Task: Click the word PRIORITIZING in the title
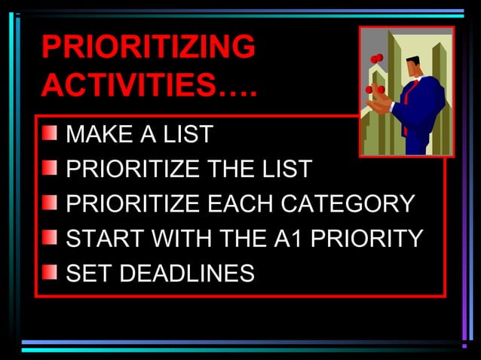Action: click(148, 48)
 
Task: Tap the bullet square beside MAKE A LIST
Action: click(50, 134)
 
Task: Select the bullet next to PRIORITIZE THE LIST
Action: click(50, 169)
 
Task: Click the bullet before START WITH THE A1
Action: click(50, 238)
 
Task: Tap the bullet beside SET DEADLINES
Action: click(50, 272)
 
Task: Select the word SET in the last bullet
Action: click(85, 273)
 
